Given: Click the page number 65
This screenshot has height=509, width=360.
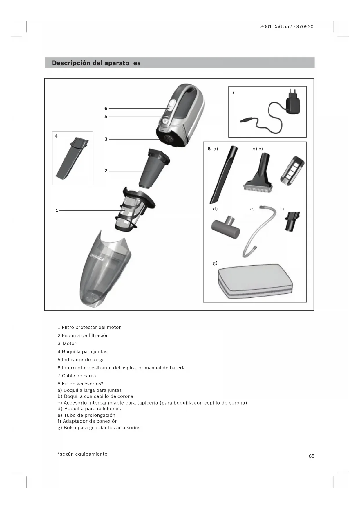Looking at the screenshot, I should click(311, 456).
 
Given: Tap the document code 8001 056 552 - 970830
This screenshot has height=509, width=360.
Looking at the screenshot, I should click(287, 26).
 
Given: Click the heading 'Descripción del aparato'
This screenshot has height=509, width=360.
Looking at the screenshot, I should click(90, 63).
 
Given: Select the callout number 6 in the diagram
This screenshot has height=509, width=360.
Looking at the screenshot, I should click(106, 109).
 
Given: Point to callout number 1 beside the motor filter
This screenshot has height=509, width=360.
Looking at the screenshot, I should click(57, 210).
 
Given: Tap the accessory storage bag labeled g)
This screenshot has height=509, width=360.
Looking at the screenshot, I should click(255, 281).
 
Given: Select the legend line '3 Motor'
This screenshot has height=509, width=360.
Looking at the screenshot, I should click(67, 344).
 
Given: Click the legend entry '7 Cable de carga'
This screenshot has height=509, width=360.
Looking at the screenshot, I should click(77, 376).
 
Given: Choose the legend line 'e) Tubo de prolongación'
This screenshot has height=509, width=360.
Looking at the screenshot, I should click(86, 415).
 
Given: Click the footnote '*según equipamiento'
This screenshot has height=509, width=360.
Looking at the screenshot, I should click(83, 454).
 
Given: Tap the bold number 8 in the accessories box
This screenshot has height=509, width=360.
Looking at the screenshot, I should click(209, 149).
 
